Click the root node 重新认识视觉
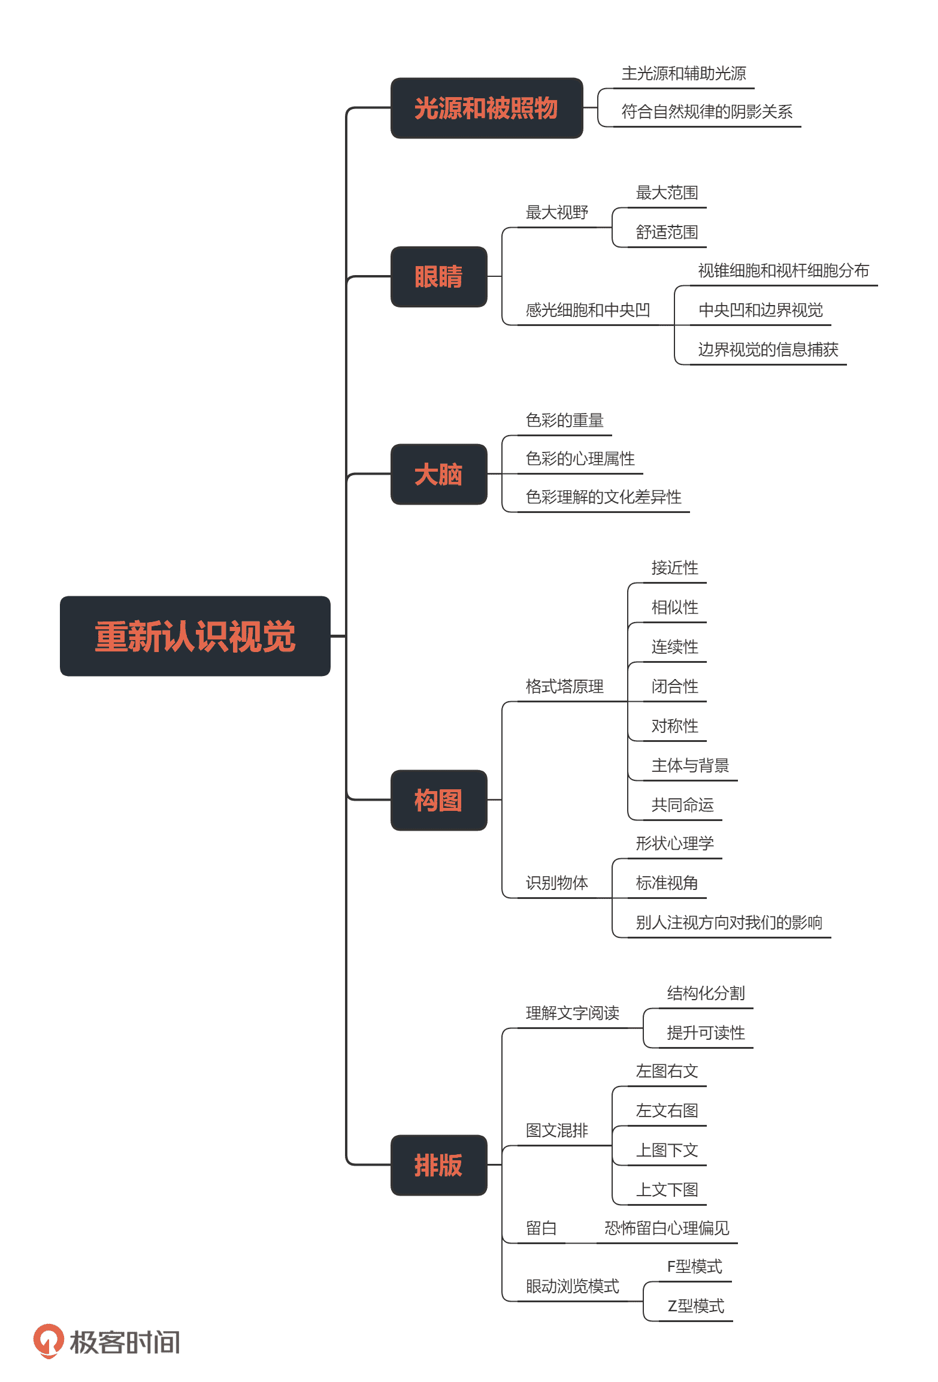point(195,636)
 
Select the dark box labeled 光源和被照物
point(486,108)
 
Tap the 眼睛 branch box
point(438,277)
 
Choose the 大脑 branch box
point(438,474)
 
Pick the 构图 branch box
point(438,800)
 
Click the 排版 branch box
point(438,1165)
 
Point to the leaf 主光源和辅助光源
point(683,74)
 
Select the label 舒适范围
point(667,232)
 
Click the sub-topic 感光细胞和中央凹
point(588,310)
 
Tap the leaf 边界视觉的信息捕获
point(768,349)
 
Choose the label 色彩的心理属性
point(580,458)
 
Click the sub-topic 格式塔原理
point(564,686)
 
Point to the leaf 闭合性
point(674,686)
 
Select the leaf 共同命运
point(682,805)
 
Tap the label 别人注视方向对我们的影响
point(728,922)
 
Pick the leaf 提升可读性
point(706,1033)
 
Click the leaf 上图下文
point(667,1150)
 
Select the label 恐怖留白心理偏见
point(667,1228)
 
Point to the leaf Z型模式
point(695,1306)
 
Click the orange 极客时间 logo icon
point(49,1341)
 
